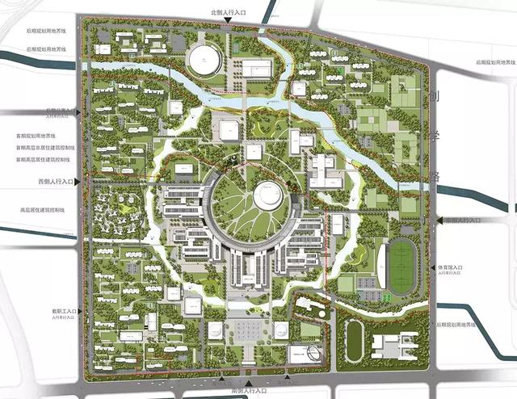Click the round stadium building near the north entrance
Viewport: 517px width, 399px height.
pyautogui.click(x=204, y=58)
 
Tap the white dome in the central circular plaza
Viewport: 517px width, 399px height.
pyautogui.click(x=269, y=195)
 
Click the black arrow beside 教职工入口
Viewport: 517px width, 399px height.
pyautogui.click(x=78, y=311)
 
